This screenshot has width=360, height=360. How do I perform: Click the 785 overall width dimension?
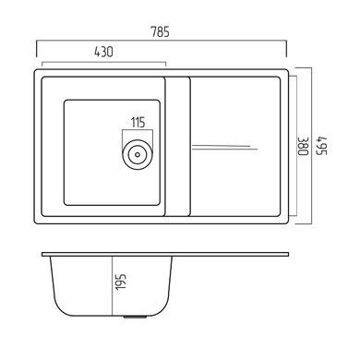point(160,31)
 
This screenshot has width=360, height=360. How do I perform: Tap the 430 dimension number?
point(103,52)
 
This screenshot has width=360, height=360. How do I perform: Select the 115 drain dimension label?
point(138,123)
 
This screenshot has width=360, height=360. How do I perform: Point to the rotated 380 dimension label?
point(303,147)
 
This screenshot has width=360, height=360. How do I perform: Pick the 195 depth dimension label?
point(121,282)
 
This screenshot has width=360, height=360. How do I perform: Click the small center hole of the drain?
point(138,154)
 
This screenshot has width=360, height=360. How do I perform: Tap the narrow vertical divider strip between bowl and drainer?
point(177,147)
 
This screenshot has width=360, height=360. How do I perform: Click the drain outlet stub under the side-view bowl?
point(135,317)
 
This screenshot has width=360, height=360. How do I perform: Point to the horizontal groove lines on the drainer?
point(225,147)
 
